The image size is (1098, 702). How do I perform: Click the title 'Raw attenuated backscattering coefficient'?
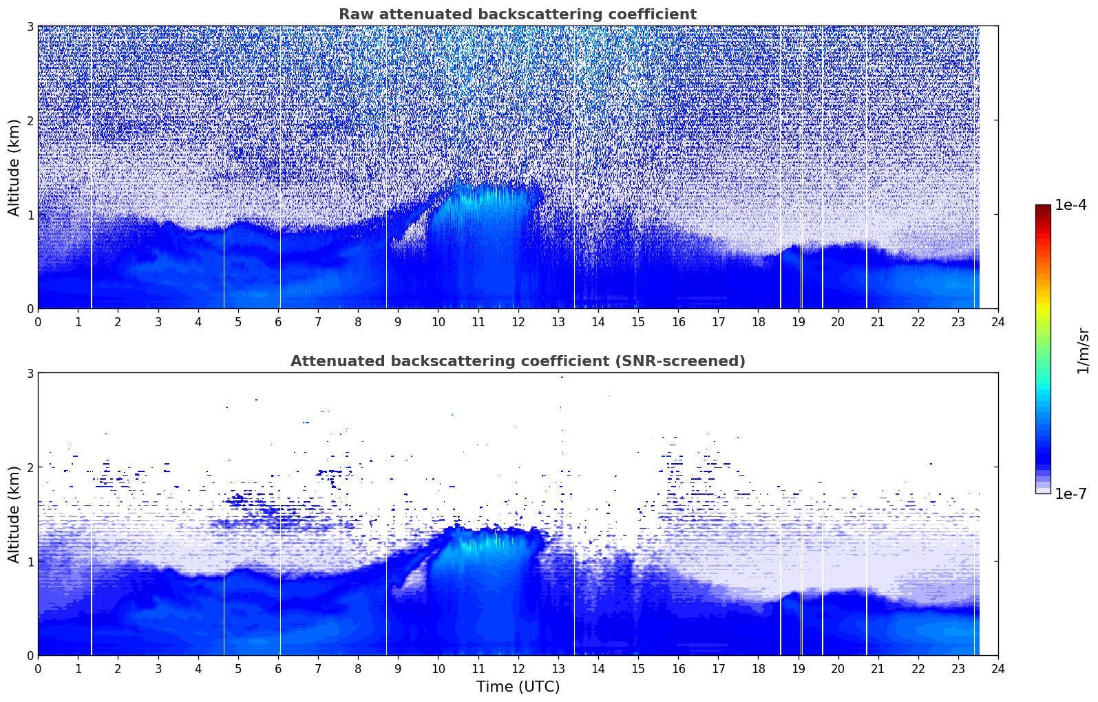point(518,14)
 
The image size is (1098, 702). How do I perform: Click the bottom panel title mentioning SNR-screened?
point(518,361)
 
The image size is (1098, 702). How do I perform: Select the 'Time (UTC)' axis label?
point(518,687)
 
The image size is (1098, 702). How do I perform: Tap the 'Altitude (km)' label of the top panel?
point(14,167)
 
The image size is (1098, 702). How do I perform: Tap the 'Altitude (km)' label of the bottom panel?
point(14,514)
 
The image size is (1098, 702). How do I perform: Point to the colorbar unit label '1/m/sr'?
point(1083,350)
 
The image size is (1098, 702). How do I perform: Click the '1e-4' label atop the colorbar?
point(1070,205)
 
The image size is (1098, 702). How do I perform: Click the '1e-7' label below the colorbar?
point(1070,494)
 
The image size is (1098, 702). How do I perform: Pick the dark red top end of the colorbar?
point(1042,208)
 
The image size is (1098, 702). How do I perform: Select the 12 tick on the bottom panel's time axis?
point(518,669)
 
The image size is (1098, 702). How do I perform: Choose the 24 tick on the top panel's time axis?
point(998,322)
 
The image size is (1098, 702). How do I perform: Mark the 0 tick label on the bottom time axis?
point(38,669)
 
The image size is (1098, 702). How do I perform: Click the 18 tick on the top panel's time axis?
point(758,322)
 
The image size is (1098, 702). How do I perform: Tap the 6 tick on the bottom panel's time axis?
point(278,669)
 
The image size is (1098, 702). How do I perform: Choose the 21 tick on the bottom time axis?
point(878,669)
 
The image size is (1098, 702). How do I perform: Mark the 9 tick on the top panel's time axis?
point(398,322)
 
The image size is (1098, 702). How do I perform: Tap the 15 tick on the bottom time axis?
point(638,669)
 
